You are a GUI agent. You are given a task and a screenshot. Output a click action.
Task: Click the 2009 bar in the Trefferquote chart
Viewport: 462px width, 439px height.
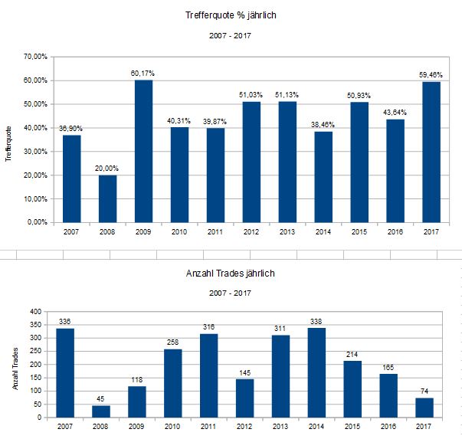[x=143, y=151]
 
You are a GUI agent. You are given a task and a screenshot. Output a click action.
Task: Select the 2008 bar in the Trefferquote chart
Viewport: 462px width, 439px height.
[x=107, y=198]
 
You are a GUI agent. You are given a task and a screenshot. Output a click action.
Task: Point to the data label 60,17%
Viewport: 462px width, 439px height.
[x=143, y=74]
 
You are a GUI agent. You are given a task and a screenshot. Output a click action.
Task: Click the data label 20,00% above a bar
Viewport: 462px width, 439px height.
[x=107, y=169]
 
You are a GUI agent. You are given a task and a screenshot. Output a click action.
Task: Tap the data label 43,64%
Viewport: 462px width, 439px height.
[x=395, y=113]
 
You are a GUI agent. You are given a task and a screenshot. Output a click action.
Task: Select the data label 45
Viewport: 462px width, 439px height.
[x=101, y=399]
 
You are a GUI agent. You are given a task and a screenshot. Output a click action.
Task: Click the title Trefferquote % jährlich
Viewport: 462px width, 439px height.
[x=230, y=16]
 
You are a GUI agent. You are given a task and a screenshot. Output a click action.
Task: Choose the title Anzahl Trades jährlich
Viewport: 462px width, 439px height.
[x=230, y=273]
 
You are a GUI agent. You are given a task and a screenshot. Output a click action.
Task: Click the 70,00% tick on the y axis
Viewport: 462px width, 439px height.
[x=36, y=57]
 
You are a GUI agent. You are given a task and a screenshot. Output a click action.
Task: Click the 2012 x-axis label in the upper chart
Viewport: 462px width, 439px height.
[x=251, y=230]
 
